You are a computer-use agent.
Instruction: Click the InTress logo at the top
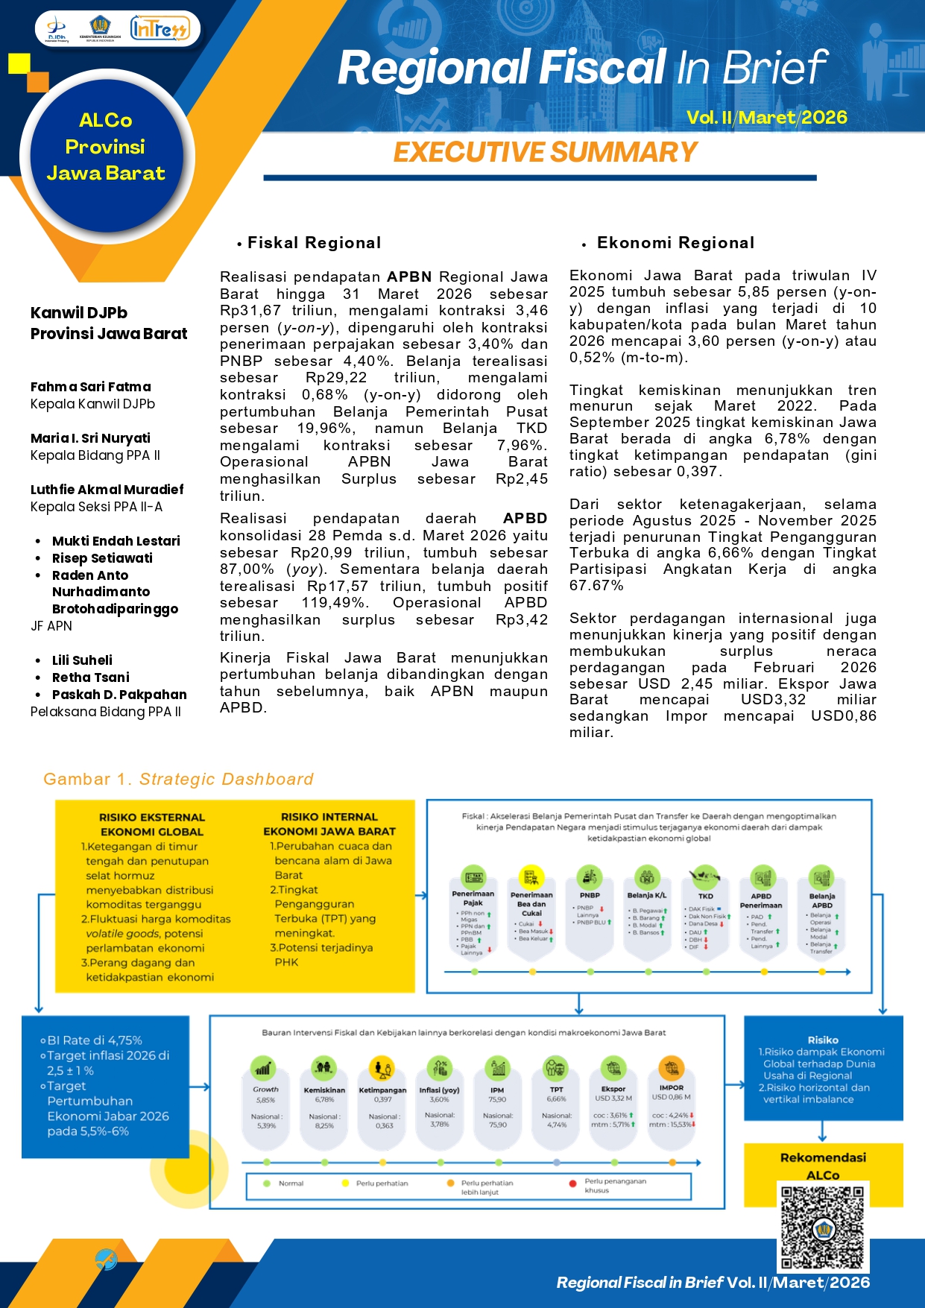click(160, 29)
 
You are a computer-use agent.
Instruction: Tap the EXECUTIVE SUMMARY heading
click(545, 152)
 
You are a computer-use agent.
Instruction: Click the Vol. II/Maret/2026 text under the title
click(766, 118)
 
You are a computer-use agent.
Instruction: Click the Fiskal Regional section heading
click(314, 243)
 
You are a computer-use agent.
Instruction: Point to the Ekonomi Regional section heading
click(675, 243)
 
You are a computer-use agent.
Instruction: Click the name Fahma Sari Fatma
click(91, 387)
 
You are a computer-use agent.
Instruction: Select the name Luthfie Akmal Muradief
click(107, 490)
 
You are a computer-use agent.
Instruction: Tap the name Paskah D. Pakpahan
click(119, 695)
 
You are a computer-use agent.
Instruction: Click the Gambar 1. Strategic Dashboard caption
click(178, 780)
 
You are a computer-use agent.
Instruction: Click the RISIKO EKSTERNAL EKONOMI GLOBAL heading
click(152, 824)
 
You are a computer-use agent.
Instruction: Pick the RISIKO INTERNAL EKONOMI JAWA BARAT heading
click(329, 824)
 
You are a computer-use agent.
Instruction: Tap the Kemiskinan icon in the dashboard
click(324, 1068)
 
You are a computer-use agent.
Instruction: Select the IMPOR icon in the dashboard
click(672, 1067)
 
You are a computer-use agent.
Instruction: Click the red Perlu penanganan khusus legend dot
click(572, 1184)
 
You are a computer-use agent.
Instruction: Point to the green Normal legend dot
click(267, 1184)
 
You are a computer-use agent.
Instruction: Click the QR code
click(822, 1226)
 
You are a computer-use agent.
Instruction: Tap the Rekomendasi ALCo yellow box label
click(823, 1166)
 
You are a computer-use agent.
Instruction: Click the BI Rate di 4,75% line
click(94, 1040)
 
